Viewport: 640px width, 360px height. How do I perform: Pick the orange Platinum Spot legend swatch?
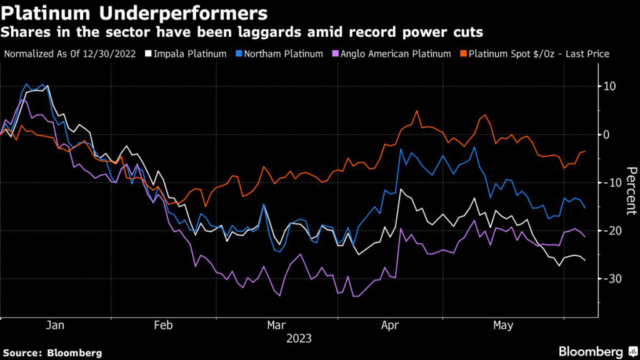[x=463, y=54]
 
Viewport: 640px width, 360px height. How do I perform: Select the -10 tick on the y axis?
[x=607, y=182]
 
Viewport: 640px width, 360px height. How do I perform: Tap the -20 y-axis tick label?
[x=607, y=231]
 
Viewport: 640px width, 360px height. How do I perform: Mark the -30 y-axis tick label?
[x=607, y=279]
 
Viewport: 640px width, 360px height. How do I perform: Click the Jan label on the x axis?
[x=56, y=326]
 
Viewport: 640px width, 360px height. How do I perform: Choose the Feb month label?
[x=164, y=326]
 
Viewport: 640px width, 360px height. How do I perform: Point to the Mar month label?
[x=276, y=326]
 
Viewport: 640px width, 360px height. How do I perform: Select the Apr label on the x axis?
[x=390, y=326]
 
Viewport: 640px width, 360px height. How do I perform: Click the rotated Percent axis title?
[x=631, y=191]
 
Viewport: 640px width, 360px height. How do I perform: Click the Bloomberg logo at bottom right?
[x=590, y=351]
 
